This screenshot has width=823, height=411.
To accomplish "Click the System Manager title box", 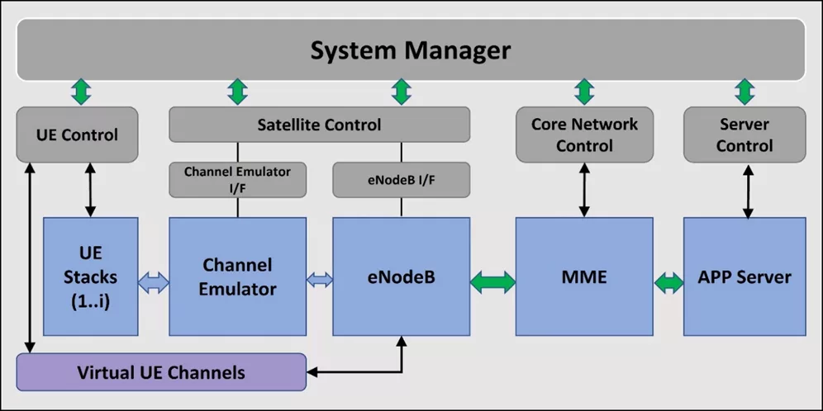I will (x=411, y=50).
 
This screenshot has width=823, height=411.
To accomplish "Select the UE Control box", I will (x=77, y=135).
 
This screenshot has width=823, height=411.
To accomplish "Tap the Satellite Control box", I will (x=319, y=125).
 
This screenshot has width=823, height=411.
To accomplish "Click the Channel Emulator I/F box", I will (x=237, y=179).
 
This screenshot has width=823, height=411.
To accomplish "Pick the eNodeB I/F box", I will (x=401, y=179).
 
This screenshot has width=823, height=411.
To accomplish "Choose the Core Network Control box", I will (x=584, y=135).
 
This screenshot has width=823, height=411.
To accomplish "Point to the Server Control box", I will (x=744, y=135).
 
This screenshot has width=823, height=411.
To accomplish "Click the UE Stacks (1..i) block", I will (x=90, y=276).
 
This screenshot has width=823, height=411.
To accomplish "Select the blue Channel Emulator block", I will (x=237, y=276).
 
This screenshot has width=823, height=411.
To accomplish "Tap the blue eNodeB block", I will (x=401, y=276).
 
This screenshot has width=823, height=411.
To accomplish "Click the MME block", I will (x=584, y=276).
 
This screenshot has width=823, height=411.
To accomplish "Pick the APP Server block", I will (x=744, y=276).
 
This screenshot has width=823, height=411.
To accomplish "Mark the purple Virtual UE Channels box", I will (x=161, y=372).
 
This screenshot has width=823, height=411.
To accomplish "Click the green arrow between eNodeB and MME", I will (x=492, y=281).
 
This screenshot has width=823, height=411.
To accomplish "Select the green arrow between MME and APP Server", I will (x=668, y=281).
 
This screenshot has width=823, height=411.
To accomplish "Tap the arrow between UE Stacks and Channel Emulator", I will (x=154, y=281).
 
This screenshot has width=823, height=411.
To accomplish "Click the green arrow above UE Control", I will (x=80, y=92).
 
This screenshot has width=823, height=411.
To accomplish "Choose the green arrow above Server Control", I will (x=745, y=92).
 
